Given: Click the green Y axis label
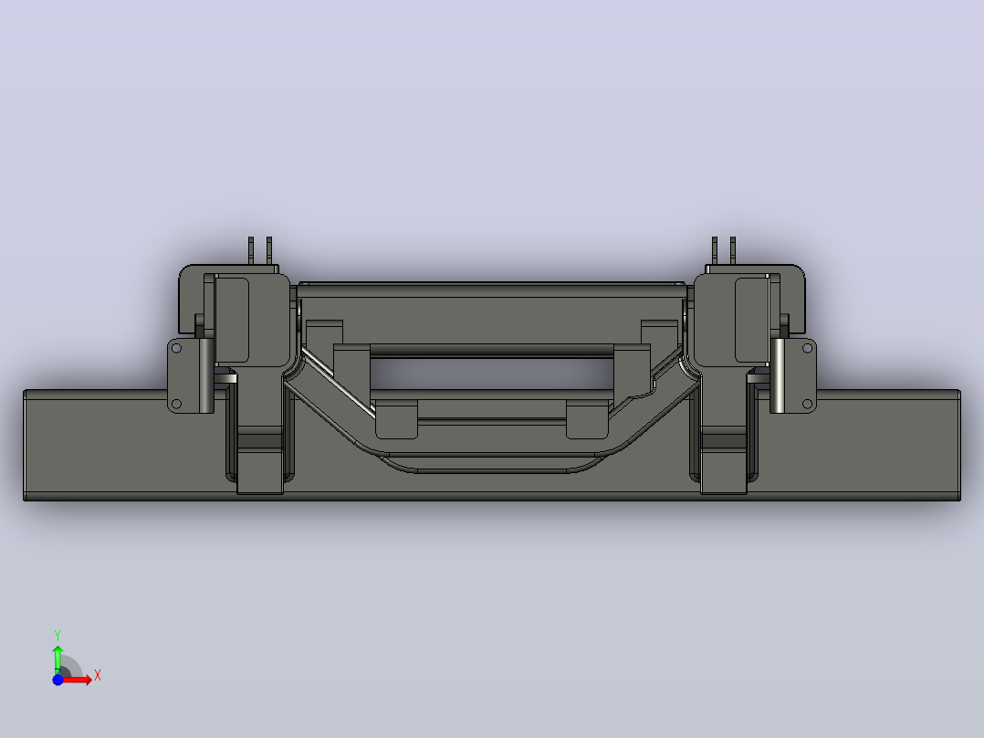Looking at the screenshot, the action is (x=58, y=636).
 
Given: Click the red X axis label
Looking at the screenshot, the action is (x=98, y=676).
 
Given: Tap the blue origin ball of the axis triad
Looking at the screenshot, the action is (x=58, y=680).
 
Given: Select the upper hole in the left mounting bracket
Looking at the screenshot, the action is (x=176, y=348).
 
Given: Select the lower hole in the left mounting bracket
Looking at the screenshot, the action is (x=176, y=404).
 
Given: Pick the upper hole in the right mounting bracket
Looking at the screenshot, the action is (x=808, y=348).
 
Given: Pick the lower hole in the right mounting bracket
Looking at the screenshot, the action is (x=808, y=404).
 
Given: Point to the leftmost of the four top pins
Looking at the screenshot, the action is (x=251, y=250).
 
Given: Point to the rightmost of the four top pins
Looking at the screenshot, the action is (x=733, y=250).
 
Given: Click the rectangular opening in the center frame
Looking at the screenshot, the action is (x=492, y=374).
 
